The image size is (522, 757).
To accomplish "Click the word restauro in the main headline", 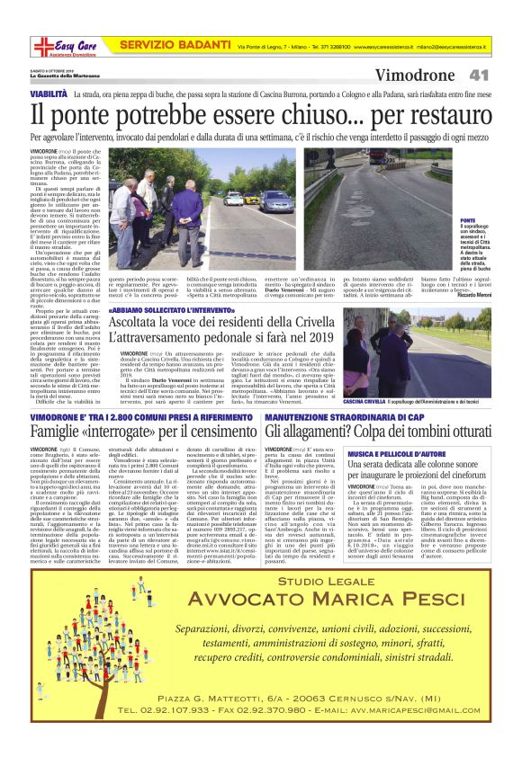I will (434, 114).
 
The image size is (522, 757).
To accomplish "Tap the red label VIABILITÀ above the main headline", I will (49, 94).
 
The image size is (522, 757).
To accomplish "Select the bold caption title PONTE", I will (467, 220).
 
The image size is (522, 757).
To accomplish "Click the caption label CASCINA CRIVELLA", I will (365, 402).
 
